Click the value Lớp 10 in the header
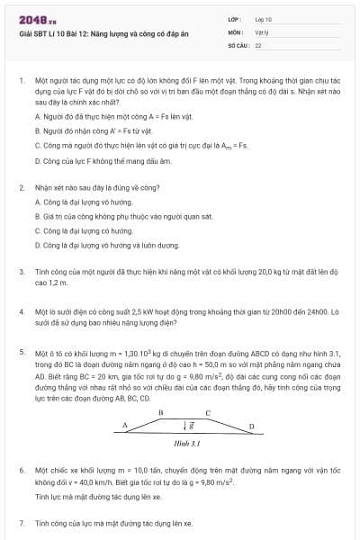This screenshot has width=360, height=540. point(264,18)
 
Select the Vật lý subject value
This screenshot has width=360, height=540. point(262,31)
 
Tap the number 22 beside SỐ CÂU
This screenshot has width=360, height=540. point(258,43)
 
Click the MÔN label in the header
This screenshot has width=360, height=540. point(236,31)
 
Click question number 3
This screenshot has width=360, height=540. point(21,270)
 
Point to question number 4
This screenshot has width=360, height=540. point(21,310)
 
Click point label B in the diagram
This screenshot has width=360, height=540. point(160,411)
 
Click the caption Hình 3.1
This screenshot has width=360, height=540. point(185,444)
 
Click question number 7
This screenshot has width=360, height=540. point(21,522)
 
